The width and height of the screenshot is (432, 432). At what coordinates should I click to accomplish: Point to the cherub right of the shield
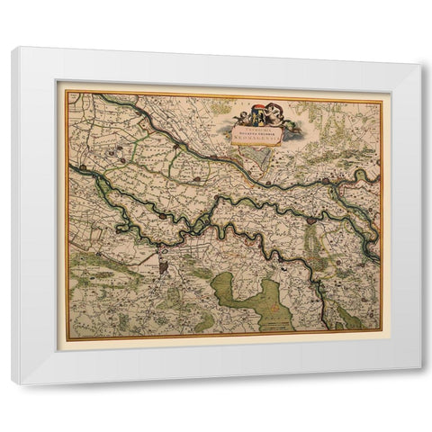coord(272,116)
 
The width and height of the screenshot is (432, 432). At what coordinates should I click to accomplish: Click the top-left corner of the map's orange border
coord(65,91)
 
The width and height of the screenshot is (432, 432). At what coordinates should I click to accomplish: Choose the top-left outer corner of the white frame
coord(13,47)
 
